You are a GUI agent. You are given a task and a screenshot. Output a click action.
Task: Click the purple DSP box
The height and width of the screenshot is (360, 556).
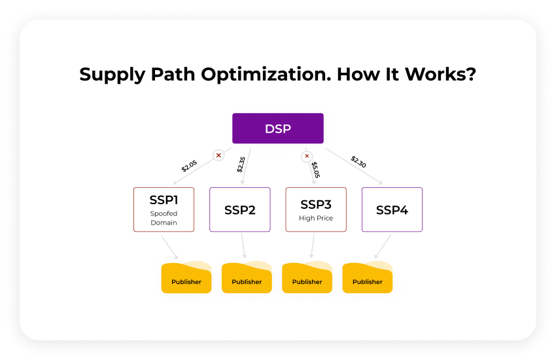277,128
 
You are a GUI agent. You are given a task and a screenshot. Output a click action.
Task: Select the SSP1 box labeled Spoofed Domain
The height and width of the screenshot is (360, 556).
164,209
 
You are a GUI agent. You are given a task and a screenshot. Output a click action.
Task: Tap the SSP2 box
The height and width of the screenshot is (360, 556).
239,209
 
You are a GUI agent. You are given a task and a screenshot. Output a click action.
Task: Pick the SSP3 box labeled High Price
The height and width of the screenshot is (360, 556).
316,209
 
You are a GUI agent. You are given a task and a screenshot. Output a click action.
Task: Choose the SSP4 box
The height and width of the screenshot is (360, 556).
392,209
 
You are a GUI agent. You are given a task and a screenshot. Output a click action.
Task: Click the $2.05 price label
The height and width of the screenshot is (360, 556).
189,166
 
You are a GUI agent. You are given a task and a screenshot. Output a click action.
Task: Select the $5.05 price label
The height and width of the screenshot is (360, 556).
315,170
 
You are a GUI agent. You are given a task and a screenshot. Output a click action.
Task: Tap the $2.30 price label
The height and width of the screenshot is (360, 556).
358,162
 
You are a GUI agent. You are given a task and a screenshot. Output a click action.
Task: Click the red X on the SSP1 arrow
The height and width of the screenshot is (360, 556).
218,155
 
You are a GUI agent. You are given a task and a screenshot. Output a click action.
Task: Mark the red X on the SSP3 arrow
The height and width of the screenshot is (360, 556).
306,156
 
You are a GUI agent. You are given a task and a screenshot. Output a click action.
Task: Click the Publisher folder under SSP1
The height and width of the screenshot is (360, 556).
186,278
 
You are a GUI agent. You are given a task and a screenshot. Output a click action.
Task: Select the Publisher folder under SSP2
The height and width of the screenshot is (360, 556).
247,278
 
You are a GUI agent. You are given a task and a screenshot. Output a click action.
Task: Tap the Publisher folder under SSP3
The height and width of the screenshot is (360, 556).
307,278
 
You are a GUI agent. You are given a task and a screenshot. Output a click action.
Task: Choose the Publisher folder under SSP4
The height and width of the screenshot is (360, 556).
367,278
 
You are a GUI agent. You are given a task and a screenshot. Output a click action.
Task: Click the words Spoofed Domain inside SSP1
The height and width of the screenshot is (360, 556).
164,218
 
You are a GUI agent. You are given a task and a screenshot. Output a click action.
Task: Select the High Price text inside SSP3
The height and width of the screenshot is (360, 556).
316,218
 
